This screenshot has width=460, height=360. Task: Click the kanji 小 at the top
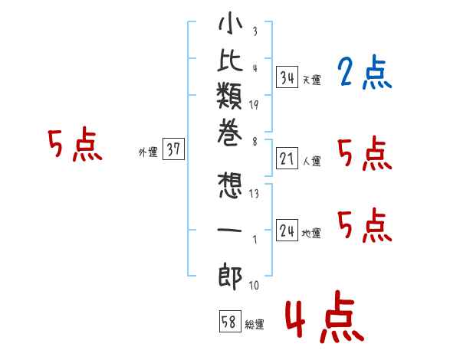(x=230, y=27)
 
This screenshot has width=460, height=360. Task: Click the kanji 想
(x=230, y=187)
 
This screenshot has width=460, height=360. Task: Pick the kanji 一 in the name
(x=230, y=230)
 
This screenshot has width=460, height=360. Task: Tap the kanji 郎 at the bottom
(x=230, y=273)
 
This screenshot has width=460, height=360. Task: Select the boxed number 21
(x=287, y=159)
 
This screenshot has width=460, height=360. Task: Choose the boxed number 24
(x=287, y=231)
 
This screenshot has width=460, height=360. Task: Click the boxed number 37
(x=173, y=150)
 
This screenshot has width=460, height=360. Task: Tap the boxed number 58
(x=229, y=320)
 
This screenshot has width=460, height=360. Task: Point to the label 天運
(x=311, y=80)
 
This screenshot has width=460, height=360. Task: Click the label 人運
(x=311, y=162)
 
